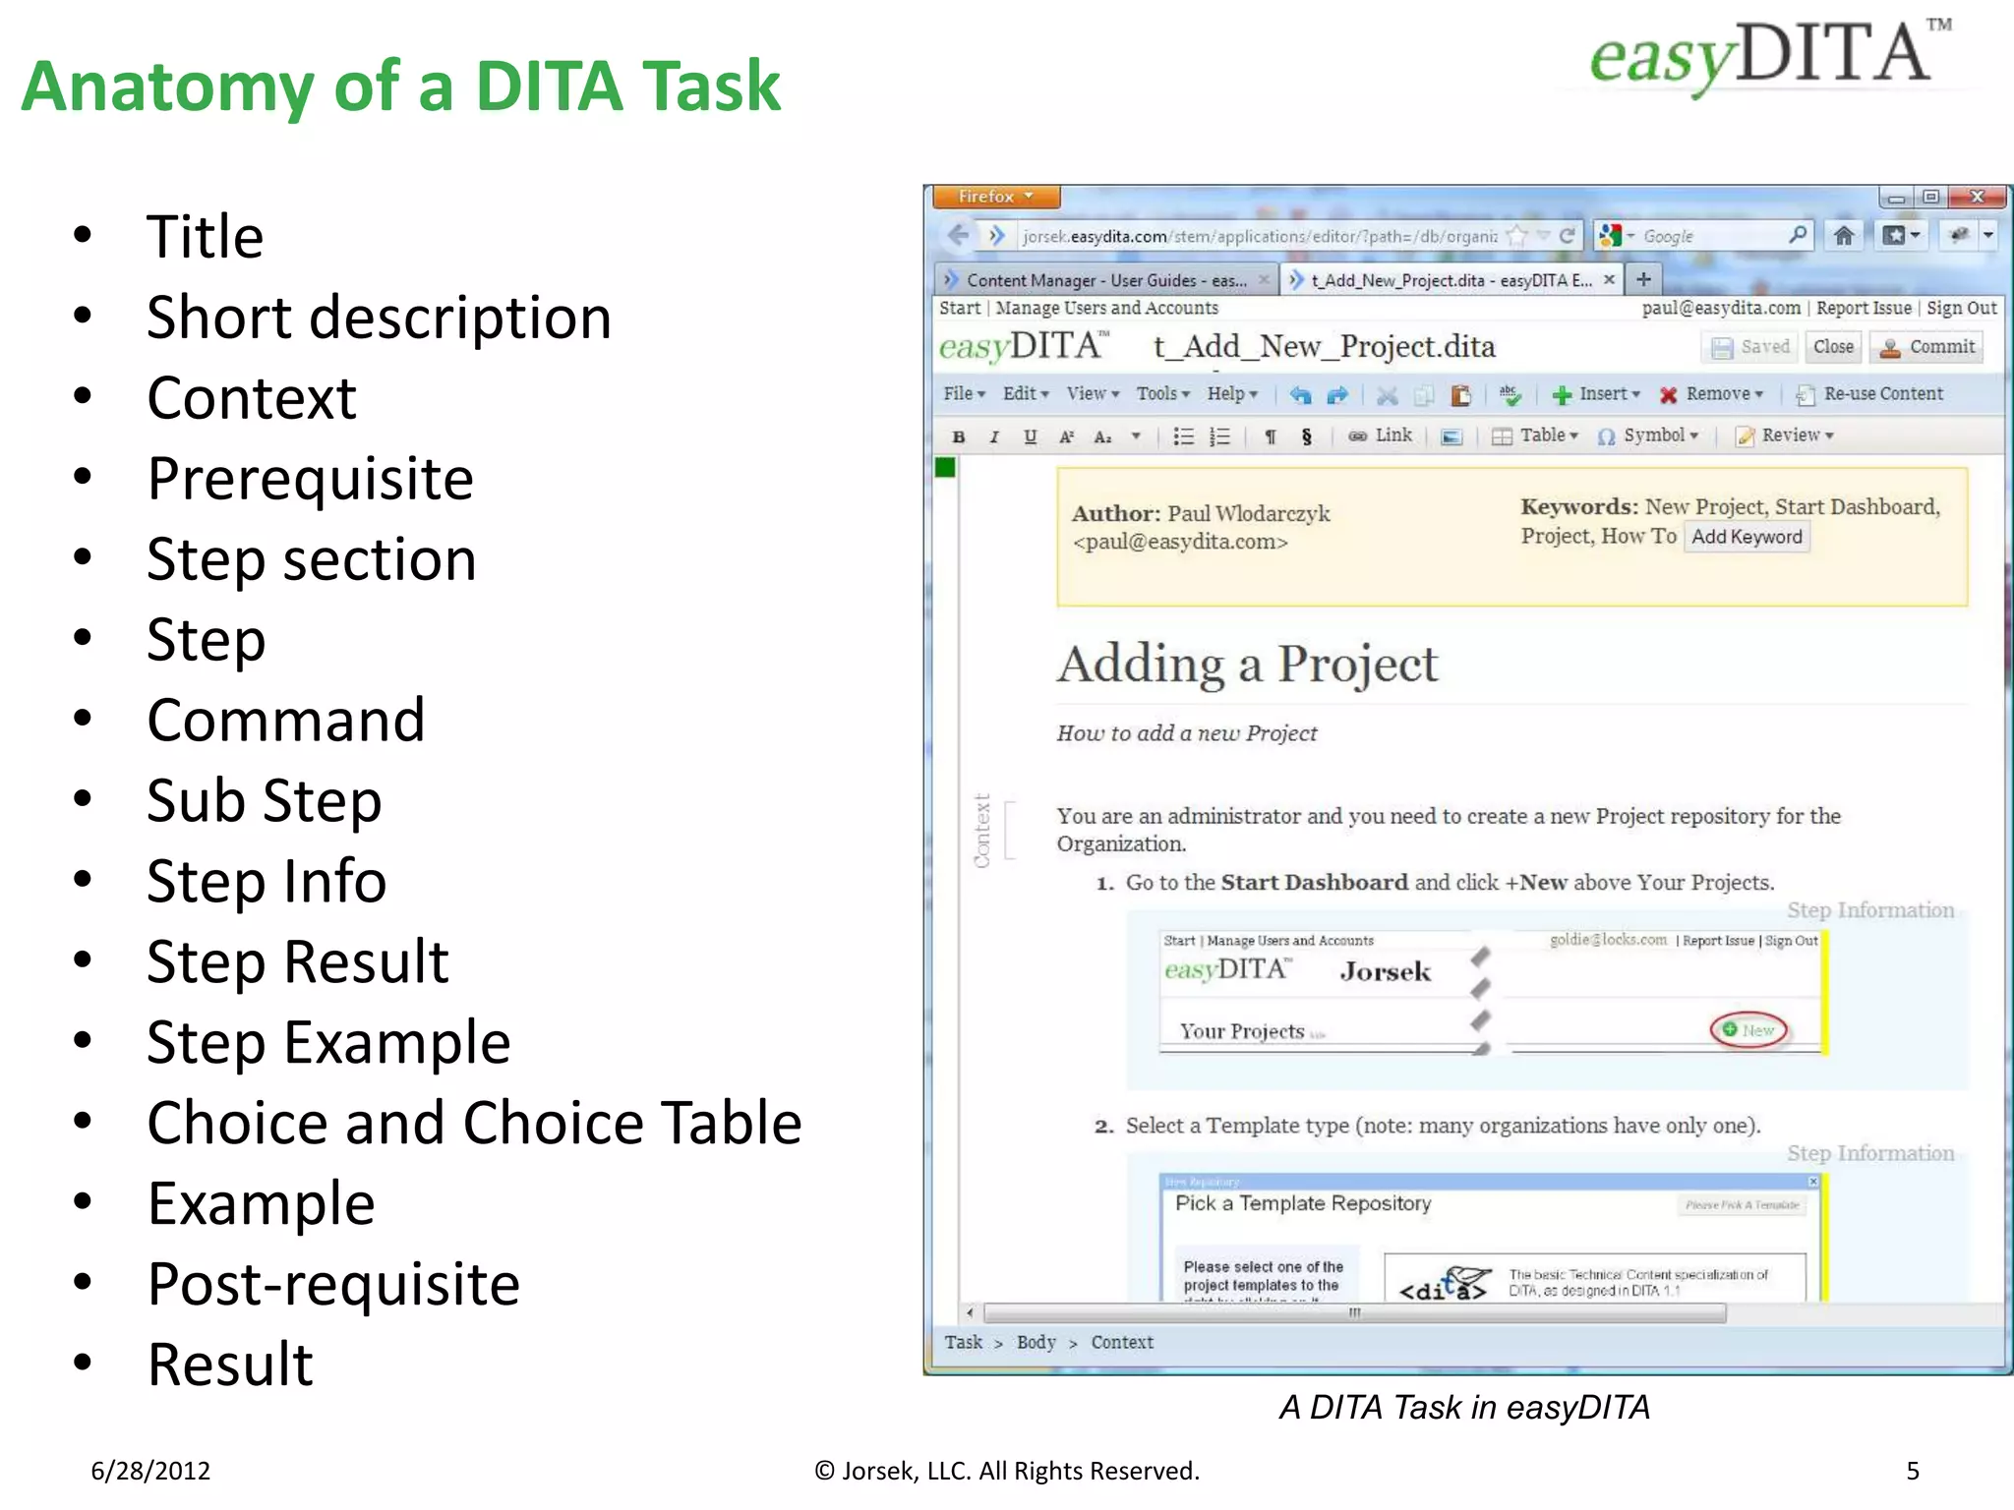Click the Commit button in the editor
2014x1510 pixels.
pos(1930,347)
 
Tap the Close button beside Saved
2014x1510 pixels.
pos(1833,347)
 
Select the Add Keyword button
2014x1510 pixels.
pos(1747,537)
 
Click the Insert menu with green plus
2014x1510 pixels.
pos(1597,394)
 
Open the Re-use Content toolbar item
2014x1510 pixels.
pos(1870,394)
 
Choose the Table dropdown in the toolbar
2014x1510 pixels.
pos(1536,436)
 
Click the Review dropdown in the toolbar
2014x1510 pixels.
pos(1786,436)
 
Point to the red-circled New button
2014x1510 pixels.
pos(1749,1030)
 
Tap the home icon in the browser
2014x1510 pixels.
pos(1844,236)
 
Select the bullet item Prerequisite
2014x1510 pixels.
pos(310,479)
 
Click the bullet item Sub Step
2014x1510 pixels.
pos(264,801)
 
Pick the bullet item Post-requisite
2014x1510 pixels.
pos(333,1284)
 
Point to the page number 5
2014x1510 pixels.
pos(1913,1471)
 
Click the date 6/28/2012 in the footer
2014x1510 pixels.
pos(150,1471)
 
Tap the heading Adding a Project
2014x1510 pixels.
pos(1247,665)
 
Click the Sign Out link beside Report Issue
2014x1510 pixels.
pos(1962,308)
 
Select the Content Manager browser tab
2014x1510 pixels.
pos(1103,281)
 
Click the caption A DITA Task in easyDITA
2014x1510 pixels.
pos(1464,1408)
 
